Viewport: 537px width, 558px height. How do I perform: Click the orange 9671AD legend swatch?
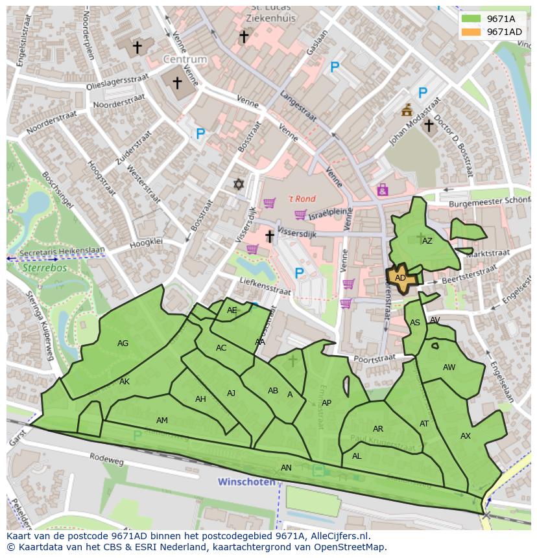click(x=471, y=32)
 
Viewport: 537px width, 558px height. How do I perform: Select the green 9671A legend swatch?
click(x=471, y=19)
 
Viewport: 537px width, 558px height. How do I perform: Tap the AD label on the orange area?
click(x=400, y=278)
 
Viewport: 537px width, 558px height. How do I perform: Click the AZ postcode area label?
click(x=427, y=241)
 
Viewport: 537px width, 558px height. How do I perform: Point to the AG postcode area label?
click(x=123, y=343)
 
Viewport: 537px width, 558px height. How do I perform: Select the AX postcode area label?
click(x=465, y=436)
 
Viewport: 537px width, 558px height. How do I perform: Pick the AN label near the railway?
click(x=286, y=467)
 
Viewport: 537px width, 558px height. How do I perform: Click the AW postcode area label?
click(x=449, y=367)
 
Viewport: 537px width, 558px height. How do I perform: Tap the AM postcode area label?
click(x=162, y=421)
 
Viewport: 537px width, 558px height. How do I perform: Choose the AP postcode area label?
click(x=326, y=403)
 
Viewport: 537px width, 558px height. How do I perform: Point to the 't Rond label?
click(x=301, y=199)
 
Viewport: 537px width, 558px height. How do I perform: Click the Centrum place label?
click(x=185, y=59)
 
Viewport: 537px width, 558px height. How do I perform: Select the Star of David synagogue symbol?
click(x=239, y=185)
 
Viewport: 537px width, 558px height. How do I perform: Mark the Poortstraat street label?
click(x=375, y=358)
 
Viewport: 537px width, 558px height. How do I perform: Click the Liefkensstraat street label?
click(x=257, y=286)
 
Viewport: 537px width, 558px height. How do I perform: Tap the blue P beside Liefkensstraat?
click(x=299, y=273)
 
